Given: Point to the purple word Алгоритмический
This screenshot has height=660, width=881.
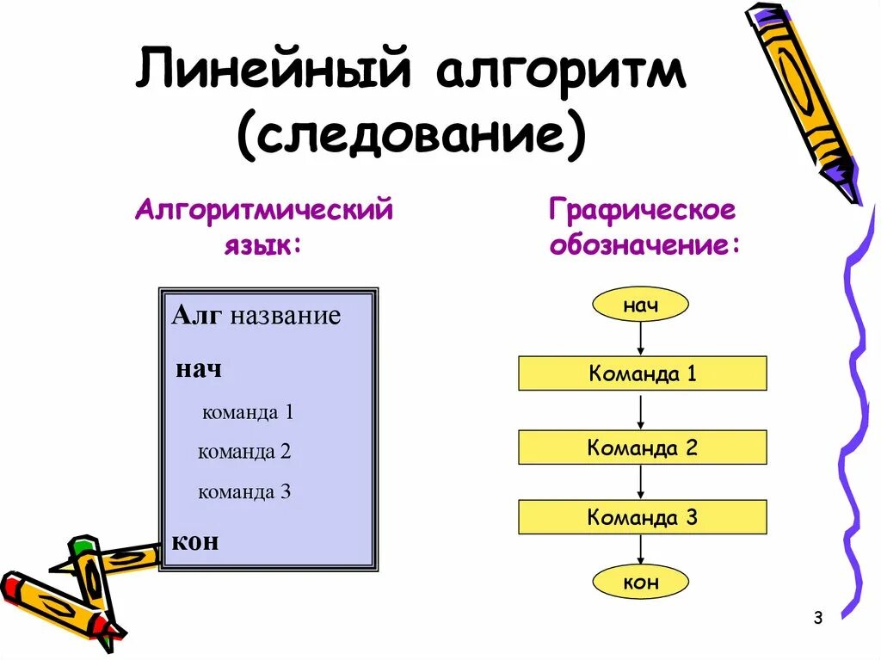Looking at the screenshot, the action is click(x=264, y=210).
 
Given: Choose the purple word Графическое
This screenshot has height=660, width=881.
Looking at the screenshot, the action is click(x=643, y=210).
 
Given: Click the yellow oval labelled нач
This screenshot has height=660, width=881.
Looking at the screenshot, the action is click(x=641, y=305).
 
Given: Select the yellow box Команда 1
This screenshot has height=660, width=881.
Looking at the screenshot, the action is click(x=642, y=373).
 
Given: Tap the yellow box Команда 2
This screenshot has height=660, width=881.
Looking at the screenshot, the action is click(x=642, y=447).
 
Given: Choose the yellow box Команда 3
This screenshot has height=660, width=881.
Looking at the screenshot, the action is click(x=642, y=518).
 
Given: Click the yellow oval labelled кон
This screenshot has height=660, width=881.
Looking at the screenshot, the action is click(x=641, y=583).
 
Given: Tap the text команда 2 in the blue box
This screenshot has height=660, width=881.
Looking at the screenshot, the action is click(x=245, y=452).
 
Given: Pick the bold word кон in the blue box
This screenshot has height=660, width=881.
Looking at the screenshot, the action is click(x=195, y=541).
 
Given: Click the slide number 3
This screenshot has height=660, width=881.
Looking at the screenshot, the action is click(x=817, y=618).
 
